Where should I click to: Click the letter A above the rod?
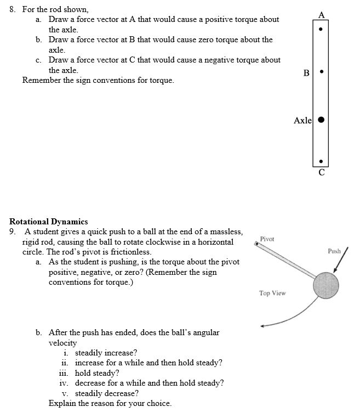click(x=321, y=14)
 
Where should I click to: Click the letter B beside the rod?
click(x=306, y=72)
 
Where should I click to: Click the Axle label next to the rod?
click(x=302, y=120)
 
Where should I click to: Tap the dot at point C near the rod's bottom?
click(x=321, y=161)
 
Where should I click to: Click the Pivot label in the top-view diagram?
click(x=267, y=239)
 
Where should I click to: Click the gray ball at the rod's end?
click(x=326, y=285)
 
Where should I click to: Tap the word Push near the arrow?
click(x=334, y=251)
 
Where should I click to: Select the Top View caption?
click(x=272, y=293)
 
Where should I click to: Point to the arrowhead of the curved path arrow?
click(x=264, y=326)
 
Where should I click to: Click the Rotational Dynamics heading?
click(x=49, y=222)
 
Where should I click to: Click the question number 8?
click(x=13, y=9)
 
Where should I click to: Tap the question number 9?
click(x=13, y=231)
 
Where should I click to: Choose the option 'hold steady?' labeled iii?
click(x=97, y=373)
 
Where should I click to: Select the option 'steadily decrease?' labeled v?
click(x=106, y=393)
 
